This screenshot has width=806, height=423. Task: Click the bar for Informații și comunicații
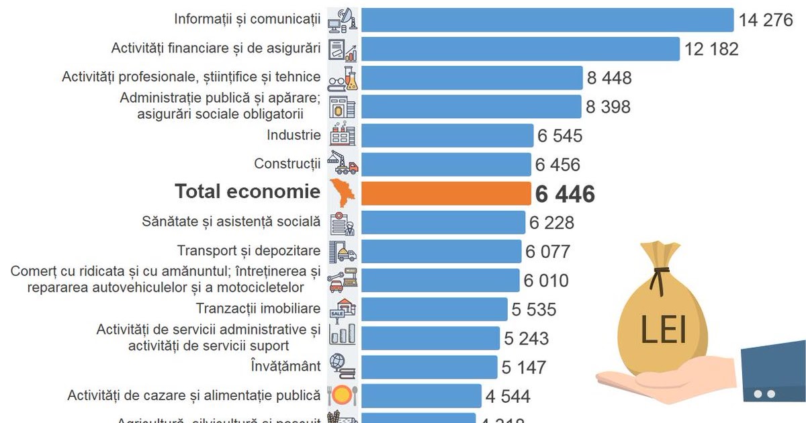pos(547,20)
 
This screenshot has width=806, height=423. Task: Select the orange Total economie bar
pos(446,193)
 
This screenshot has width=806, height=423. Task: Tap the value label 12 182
pos(711,49)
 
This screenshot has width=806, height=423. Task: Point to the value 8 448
pos(609,78)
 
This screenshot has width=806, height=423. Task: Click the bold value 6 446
pos(565,194)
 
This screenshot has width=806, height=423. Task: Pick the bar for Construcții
pos(446,164)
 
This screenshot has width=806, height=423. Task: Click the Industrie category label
pos(294,135)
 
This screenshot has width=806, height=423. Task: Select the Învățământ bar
pos(430,367)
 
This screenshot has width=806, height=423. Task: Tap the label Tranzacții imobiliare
pos(258,309)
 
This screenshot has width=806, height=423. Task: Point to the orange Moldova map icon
pos(343,193)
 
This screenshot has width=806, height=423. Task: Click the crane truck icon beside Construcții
pos(343,164)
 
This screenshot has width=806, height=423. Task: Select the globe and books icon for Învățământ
pos(343,367)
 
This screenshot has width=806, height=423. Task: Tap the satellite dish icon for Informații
pos(343,20)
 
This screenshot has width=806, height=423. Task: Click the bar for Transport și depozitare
pos(441,251)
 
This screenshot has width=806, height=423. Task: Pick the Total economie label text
pos(247,192)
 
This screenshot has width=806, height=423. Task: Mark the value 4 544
pos(508,396)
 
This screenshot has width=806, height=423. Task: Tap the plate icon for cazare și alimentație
pos(343,395)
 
